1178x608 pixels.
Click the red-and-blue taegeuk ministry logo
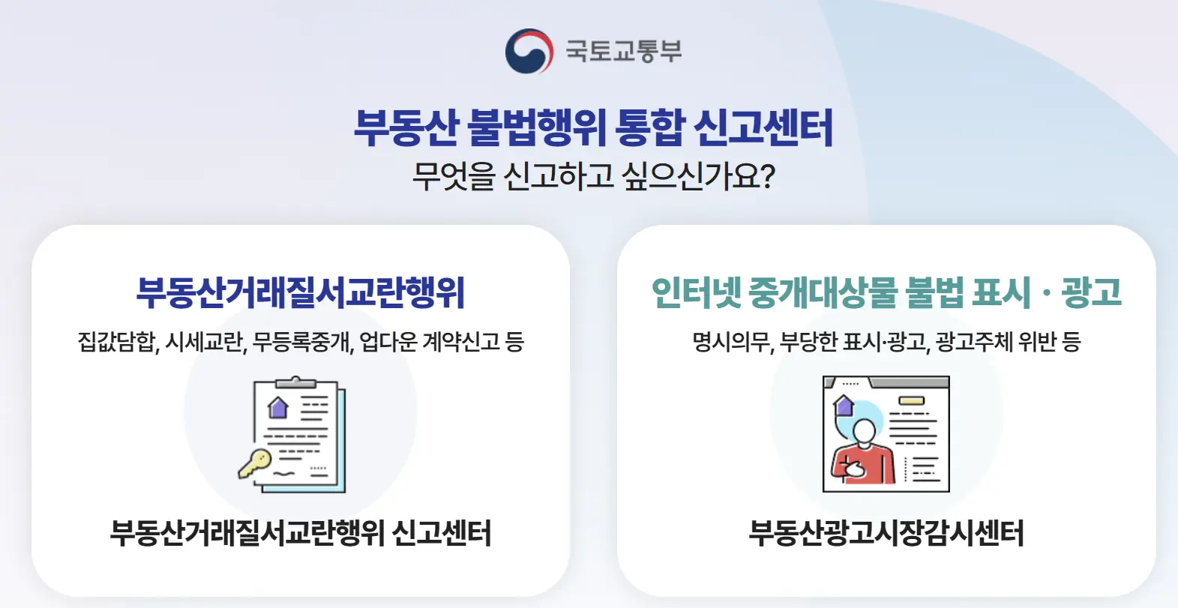(x=529, y=51)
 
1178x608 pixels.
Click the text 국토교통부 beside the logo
(x=624, y=51)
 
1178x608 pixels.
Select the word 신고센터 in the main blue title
(x=763, y=127)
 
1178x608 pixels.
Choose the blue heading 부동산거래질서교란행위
(x=301, y=292)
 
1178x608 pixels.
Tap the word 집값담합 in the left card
(x=118, y=342)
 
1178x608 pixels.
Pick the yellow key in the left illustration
(x=254, y=463)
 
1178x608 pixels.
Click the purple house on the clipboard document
(x=278, y=408)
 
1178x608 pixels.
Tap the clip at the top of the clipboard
(x=295, y=382)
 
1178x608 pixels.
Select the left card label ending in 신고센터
(x=300, y=533)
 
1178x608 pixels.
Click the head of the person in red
(x=864, y=431)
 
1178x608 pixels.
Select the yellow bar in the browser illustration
(x=911, y=401)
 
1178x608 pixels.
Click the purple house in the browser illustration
(x=844, y=406)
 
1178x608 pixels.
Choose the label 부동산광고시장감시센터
(x=886, y=533)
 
